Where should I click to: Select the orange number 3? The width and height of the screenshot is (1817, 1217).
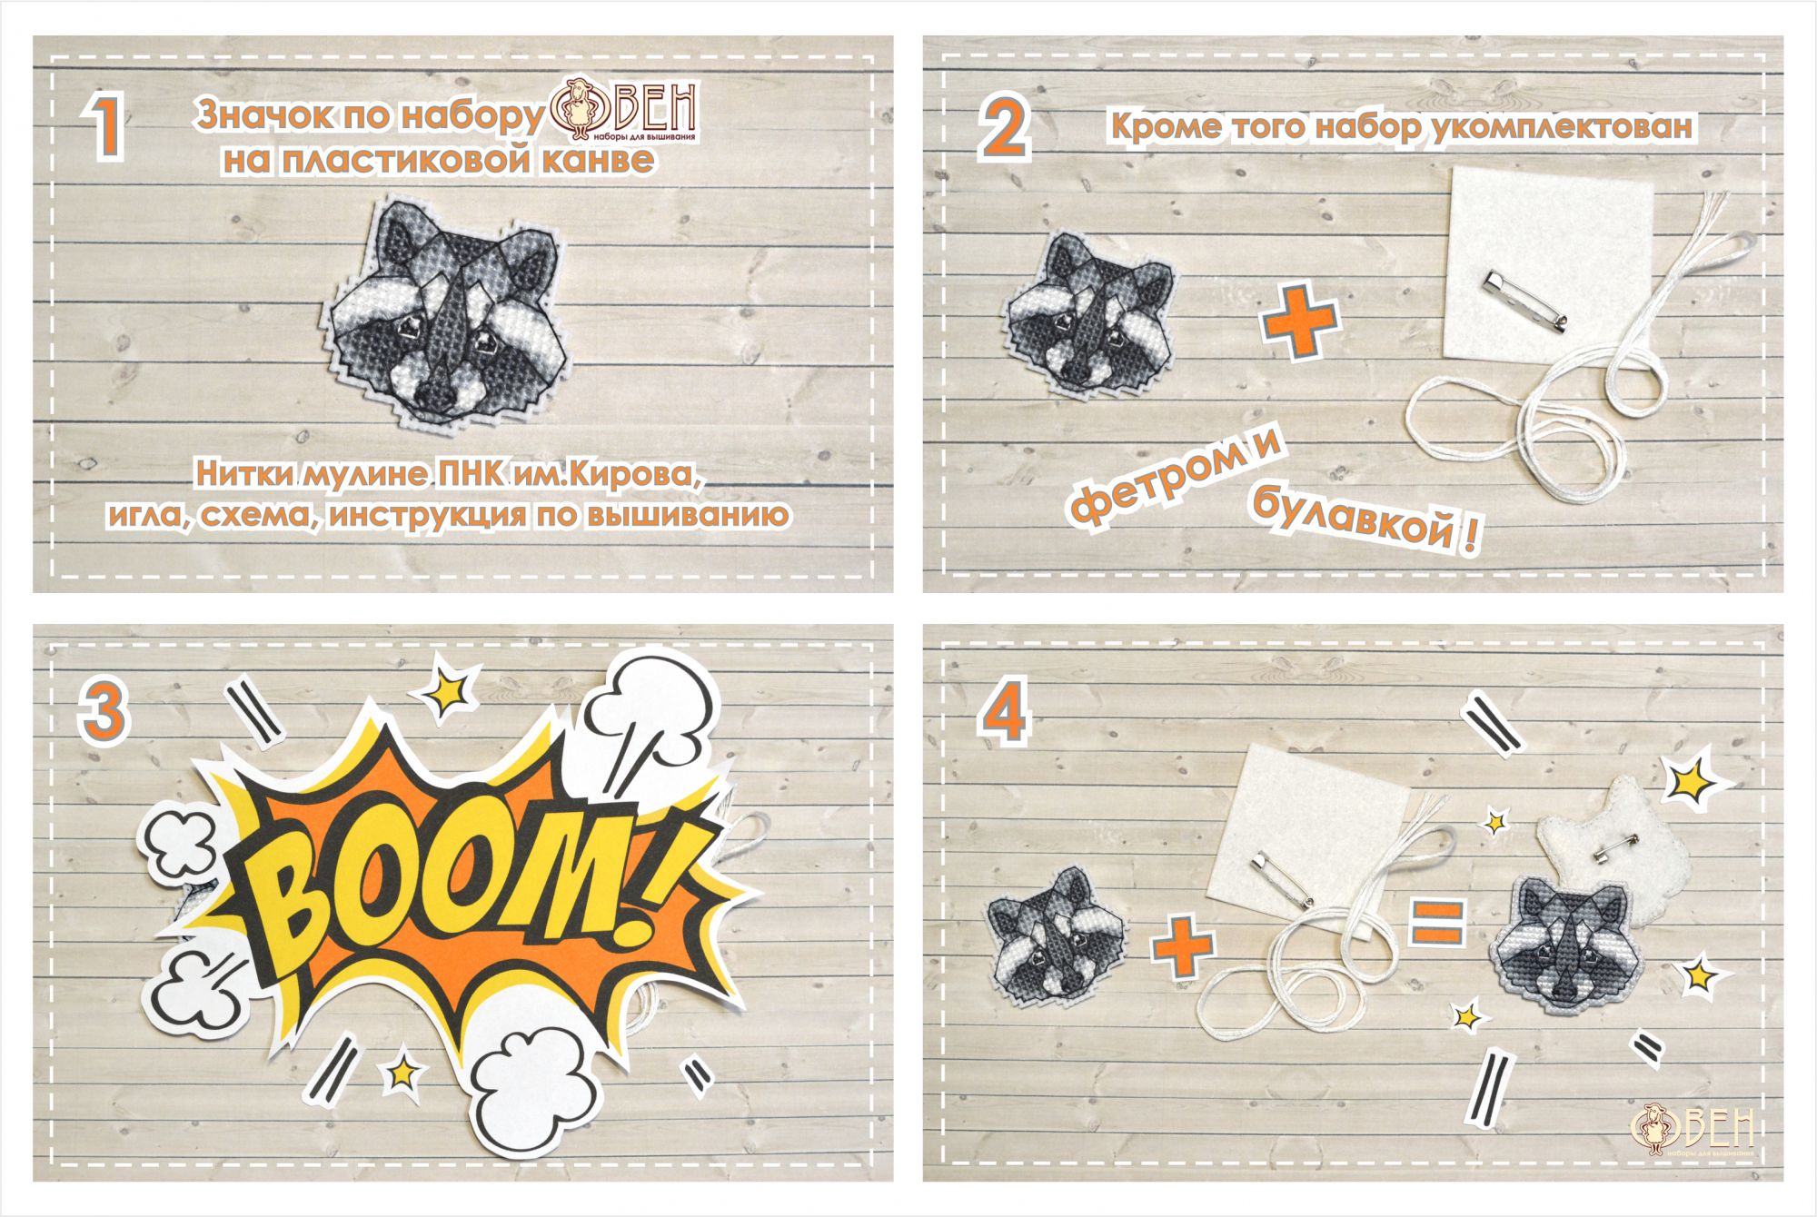(x=103, y=711)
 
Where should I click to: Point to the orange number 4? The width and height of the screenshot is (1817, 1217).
(x=1004, y=711)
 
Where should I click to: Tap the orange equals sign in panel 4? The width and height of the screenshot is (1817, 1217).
(x=1436, y=921)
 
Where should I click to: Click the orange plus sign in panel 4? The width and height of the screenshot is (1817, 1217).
(x=1184, y=945)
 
